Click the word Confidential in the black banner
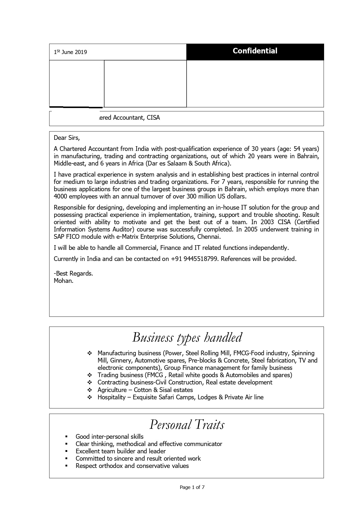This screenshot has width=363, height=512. (x=255, y=51)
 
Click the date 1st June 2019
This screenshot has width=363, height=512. (x=70, y=52)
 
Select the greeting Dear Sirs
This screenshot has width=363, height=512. (x=67, y=138)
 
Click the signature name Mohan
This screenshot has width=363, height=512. (x=63, y=281)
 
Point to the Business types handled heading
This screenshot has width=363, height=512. (x=187, y=337)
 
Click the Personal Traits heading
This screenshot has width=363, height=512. (x=187, y=424)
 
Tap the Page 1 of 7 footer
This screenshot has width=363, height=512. (x=192, y=487)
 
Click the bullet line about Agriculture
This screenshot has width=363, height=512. (x=145, y=390)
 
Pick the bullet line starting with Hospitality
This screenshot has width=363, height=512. (x=180, y=397)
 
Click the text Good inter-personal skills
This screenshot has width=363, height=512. (x=109, y=437)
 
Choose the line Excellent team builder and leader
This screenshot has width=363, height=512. (x=121, y=451)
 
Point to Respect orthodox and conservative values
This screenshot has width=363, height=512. (x=132, y=466)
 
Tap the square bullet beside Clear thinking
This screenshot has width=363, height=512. (x=67, y=444)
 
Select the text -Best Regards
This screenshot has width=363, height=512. (x=73, y=274)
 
